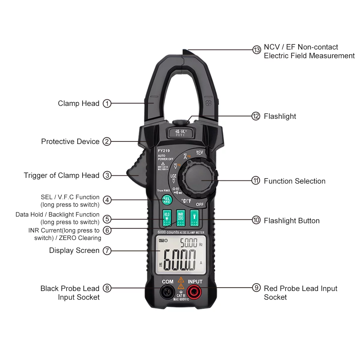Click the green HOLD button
(x=167, y=218)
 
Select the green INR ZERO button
(x=181, y=218)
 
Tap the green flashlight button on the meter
(x=194, y=218)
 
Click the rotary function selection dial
(x=199, y=180)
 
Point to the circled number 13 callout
(x=256, y=50)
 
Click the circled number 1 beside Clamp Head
(x=107, y=103)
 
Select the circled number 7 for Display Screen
(x=107, y=251)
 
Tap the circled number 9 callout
(x=256, y=288)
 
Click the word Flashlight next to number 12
(x=280, y=116)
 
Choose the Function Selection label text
(x=294, y=181)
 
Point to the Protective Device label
(x=70, y=142)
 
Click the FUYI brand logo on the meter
(x=181, y=133)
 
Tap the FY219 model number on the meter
(x=164, y=151)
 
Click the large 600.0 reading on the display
(x=179, y=260)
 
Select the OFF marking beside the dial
(x=200, y=204)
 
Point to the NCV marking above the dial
(x=199, y=152)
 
